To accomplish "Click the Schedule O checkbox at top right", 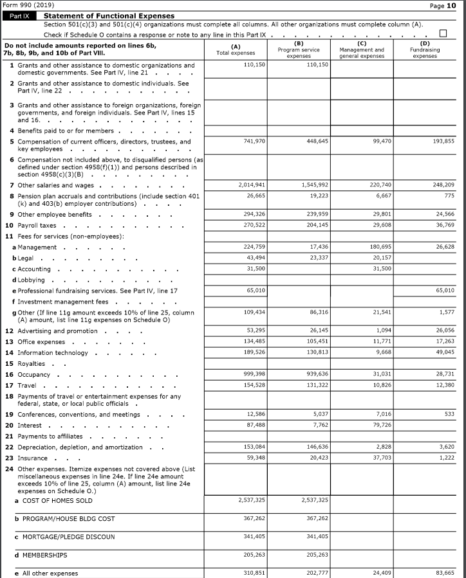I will tap(442, 34).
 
